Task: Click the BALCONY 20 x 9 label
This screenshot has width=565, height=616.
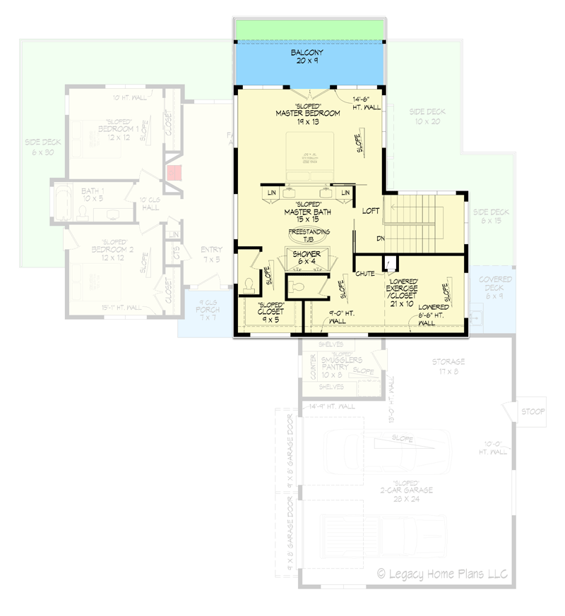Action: pos(308,57)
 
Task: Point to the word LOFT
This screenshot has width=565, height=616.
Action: pos(371,210)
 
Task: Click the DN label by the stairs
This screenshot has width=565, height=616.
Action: pos(380,238)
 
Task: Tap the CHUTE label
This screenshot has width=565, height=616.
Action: pos(365,272)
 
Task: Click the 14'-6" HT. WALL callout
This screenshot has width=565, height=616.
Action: pos(362,103)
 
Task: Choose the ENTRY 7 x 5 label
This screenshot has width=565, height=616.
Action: pos(211,255)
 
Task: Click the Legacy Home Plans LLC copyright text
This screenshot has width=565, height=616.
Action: pos(442,573)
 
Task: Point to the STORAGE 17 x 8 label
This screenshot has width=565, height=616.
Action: pos(449,366)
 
